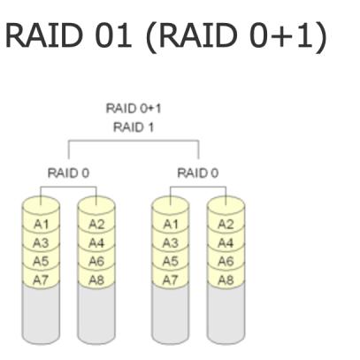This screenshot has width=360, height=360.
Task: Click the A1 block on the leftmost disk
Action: pos(41,225)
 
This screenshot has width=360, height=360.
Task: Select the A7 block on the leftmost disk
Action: pos(41,280)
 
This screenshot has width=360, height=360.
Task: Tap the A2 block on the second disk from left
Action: pos(96,225)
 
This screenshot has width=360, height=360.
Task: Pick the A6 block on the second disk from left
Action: pos(96,261)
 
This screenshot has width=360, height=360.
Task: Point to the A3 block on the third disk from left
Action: pos(171,243)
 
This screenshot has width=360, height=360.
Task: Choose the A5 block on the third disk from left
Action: pos(171,261)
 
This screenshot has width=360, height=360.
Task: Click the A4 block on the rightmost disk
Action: pos(226,243)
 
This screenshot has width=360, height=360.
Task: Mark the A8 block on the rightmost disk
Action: pos(226,280)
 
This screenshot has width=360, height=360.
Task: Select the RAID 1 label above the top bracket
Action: pos(134,127)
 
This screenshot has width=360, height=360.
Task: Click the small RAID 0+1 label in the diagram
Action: pos(134,109)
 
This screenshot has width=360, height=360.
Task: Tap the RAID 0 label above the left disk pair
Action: pos(68,172)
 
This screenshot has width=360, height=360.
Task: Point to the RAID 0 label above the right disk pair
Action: pos(198,172)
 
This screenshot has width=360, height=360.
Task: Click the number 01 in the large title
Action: pos(114,35)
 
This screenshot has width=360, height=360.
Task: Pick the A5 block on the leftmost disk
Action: pos(41,261)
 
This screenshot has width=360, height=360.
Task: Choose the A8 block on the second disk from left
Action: pos(96,280)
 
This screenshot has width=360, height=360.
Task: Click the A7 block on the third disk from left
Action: pos(171,280)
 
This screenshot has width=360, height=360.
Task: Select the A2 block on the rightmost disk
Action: pos(226,225)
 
